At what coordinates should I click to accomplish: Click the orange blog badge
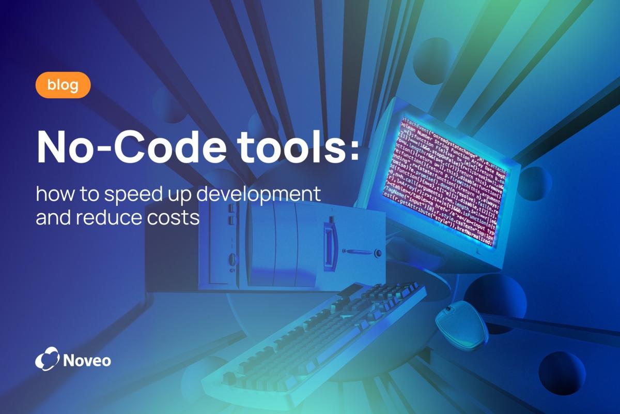coord(63,85)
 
